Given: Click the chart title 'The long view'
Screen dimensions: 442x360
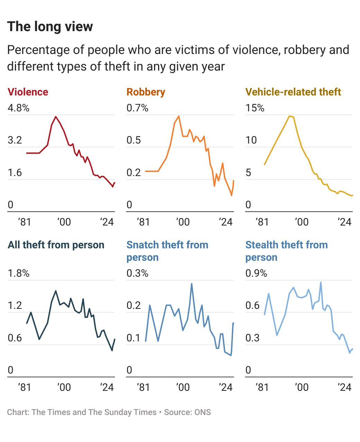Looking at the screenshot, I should [x=50, y=27].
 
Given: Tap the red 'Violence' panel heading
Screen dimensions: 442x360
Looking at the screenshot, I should [x=28, y=92].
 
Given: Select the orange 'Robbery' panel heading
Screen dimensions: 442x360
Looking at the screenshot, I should [x=146, y=92].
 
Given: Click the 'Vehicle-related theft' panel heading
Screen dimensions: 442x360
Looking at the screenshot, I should [x=293, y=92].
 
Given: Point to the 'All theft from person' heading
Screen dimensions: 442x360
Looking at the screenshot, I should [x=56, y=245].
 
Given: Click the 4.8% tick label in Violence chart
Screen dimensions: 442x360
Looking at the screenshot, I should [x=18, y=108].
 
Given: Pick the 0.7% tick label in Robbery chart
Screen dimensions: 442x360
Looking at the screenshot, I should [x=137, y=108].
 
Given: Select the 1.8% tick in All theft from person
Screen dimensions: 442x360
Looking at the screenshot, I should [x=18, y=273].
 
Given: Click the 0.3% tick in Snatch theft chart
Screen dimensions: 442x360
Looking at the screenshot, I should [x=137, y=273].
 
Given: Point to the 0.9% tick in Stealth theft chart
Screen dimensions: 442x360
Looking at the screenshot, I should [x=256, y=273].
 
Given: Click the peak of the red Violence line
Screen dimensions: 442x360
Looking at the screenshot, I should [x=56, y=117].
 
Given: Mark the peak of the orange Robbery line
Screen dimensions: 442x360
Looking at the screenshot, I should [x=179, y=116].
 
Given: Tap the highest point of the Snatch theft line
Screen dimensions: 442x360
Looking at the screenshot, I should [x=192, y=284].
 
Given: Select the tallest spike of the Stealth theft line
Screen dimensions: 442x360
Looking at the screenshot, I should [x=321, y=282].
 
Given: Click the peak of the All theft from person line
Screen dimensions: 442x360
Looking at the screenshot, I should [x=56, y=291].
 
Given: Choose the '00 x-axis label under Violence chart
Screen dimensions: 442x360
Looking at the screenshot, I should [x=64, y=222].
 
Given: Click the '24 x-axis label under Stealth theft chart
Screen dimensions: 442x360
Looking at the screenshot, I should [x=344, y=387].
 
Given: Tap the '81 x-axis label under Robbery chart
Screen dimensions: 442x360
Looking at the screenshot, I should [x=143, y=222].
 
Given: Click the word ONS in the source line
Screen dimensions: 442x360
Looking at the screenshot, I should [x=202, y=412].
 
